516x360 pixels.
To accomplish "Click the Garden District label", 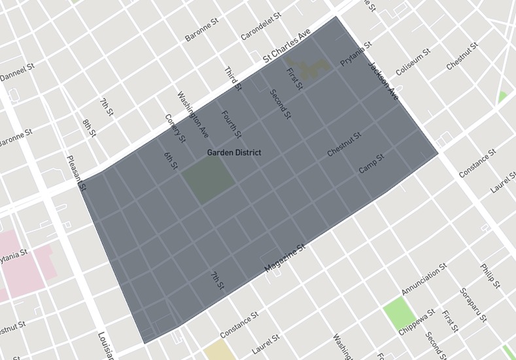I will tap(234, 153).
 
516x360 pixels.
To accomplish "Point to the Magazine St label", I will tap(285, 259).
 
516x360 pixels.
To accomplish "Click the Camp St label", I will tap(371, 164).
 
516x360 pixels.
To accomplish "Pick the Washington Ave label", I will tap(193, 114).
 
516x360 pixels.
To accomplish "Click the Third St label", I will tap(233, 79).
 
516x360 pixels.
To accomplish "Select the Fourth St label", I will tap(232, 124).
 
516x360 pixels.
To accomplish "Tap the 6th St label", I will tap(171, 160).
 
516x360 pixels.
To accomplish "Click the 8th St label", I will tap(89, 128).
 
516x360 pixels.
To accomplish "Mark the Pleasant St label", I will tap(75, 172).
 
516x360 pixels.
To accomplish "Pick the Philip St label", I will tap(490, 276).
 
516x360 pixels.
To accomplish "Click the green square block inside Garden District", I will tap(207, 181).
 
